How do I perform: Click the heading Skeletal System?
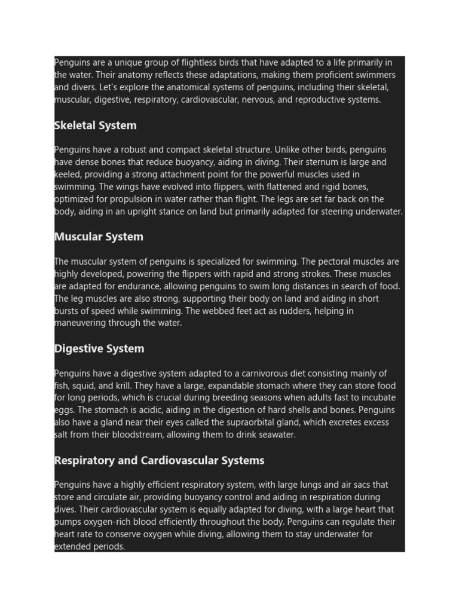[95, 126]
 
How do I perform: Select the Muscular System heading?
[99, 237]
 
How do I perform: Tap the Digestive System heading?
[99, 348]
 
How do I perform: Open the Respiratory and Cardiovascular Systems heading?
[159, 460]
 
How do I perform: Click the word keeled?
[69, 175]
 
